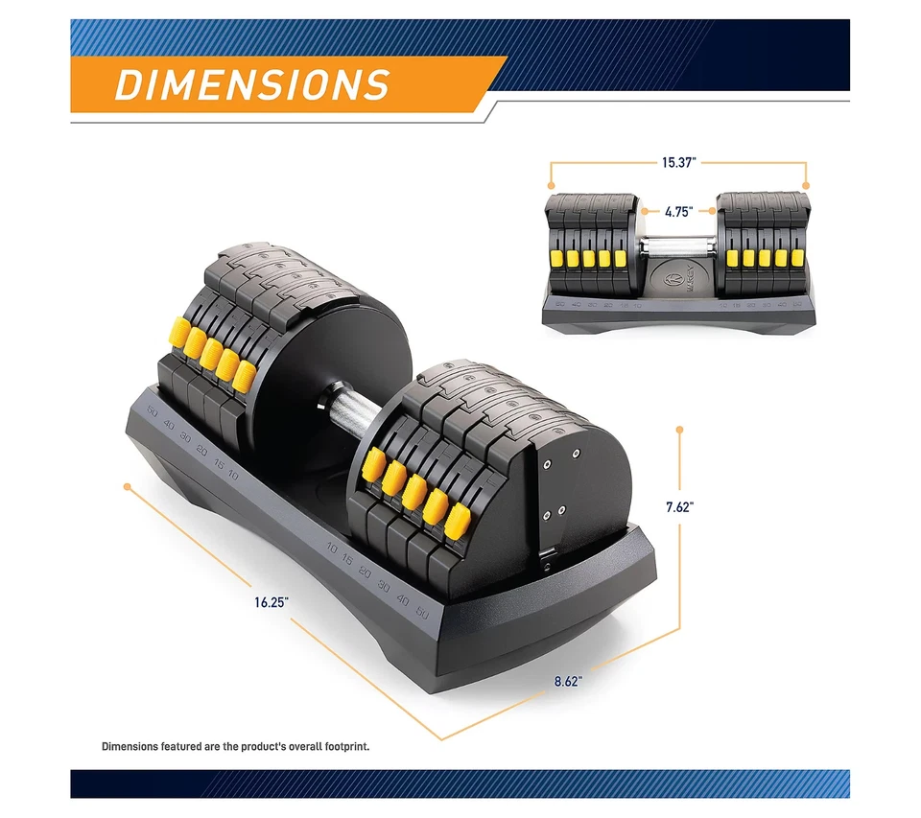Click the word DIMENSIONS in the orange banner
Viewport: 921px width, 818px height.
click(252, 83)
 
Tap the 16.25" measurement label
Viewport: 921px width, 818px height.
click(272, 603)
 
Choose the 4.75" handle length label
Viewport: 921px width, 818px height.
click(677, 211)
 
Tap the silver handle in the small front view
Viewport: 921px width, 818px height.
click(677, 246)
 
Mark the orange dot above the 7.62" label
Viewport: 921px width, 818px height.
click(679, 428)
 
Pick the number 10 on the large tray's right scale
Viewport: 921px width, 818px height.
click(332, 549)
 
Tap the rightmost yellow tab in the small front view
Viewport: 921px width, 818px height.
click(794, 257)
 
